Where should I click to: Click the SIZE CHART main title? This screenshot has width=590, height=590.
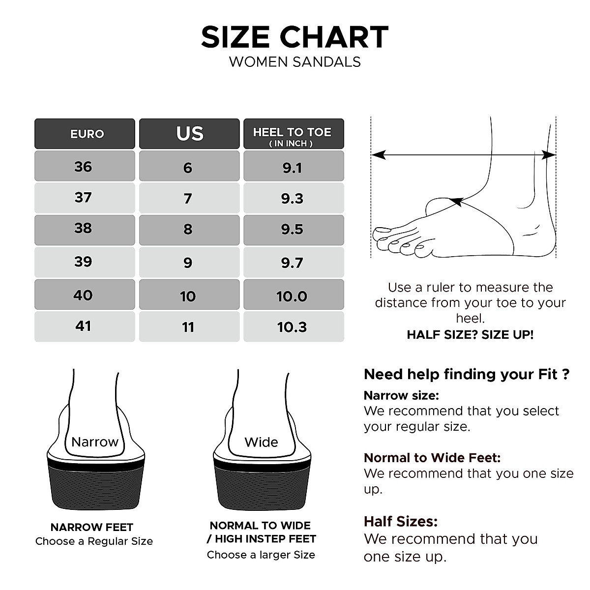click(x=295, y=37)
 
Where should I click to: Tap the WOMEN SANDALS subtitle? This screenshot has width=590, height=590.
click(x=295, y=62)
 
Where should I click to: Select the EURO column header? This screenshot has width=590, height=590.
click(x=85, y=134)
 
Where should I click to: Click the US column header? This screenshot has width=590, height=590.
click(x=189, y=134)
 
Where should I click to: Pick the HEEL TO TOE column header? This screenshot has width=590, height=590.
click(x=293, y=134)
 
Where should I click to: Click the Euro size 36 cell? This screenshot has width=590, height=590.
click(x=85, y=166)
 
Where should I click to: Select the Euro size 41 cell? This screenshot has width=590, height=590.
click(x=85, y=326)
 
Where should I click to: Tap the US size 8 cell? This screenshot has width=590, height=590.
click(x=189, y=230)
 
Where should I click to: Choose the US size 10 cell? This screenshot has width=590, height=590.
click(x=189, y=296)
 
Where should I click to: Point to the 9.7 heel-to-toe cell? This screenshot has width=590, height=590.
click(x=293, y=263)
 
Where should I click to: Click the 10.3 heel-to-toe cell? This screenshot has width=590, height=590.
click(x=293, y=326)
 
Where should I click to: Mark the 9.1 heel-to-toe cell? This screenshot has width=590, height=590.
click(x=293, y=167)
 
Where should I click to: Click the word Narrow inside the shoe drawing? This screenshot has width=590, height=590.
click(x=95, y=442)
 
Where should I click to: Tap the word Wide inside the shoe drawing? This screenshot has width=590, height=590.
click(x=261, y=442)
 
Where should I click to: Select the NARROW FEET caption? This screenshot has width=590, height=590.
click(x=92, y=528)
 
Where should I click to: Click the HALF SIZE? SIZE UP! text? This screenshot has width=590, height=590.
click(x=470, y=335)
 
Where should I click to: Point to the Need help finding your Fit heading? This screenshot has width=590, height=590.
click(x=466, y=374)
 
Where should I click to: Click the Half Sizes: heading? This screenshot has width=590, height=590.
click(x=400, y=521)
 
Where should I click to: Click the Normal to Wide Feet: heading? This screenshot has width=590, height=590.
click(x=432, y=458)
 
